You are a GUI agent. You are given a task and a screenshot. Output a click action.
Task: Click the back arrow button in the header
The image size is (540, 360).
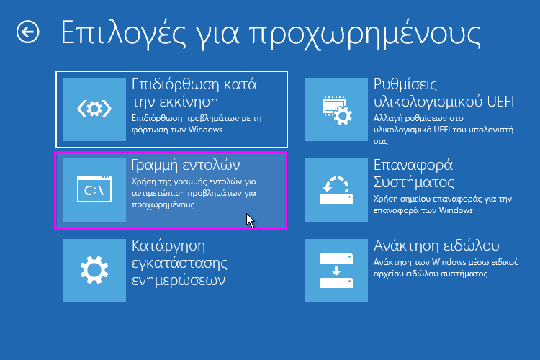(x=27, y=32)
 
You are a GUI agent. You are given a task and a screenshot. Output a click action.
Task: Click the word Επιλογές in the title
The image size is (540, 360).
(x=123, y=34)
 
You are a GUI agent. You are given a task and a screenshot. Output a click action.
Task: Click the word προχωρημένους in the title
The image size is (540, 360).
(x=364, y=35)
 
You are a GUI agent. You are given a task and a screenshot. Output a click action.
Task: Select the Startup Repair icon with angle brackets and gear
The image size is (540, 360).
(x=94, y=109)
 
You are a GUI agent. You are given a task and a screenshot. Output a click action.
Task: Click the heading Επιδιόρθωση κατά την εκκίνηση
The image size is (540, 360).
(x=194, y=93)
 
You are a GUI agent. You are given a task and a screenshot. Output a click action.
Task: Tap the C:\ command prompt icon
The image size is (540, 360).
(x=94, y=189)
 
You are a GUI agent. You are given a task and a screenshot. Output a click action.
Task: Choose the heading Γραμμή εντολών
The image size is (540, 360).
(x=186, y=166)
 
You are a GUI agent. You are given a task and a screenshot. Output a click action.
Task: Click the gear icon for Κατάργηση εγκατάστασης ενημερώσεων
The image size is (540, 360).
(x=94, y=270)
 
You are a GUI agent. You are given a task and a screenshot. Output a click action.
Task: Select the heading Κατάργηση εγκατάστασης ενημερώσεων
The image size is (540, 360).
(x=179, y=264)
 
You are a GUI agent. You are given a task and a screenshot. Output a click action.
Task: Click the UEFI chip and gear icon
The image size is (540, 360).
(x=337, y=110)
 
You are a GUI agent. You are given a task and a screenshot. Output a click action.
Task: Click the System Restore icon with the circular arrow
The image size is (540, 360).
(x=336, y=190)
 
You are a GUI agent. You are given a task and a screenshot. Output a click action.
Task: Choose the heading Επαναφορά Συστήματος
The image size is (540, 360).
(x=413, y=174)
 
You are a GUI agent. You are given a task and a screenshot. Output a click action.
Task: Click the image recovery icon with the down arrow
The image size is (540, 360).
(x=336, y=271)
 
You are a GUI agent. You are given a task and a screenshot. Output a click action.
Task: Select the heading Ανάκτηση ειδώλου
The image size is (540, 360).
(x=436, y=246)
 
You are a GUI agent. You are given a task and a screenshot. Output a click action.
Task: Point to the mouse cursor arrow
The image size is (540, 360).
(x=250, y=220)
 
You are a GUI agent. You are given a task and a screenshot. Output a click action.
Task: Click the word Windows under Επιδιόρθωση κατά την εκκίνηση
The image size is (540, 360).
(x=205, y=130)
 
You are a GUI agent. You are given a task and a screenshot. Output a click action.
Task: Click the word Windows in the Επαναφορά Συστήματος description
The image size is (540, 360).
(x=456, y=210)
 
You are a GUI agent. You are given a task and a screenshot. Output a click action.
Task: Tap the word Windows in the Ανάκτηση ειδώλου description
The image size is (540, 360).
(x=449, y=262)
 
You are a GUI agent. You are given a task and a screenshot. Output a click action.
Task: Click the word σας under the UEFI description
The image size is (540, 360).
(x=381, y=142)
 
